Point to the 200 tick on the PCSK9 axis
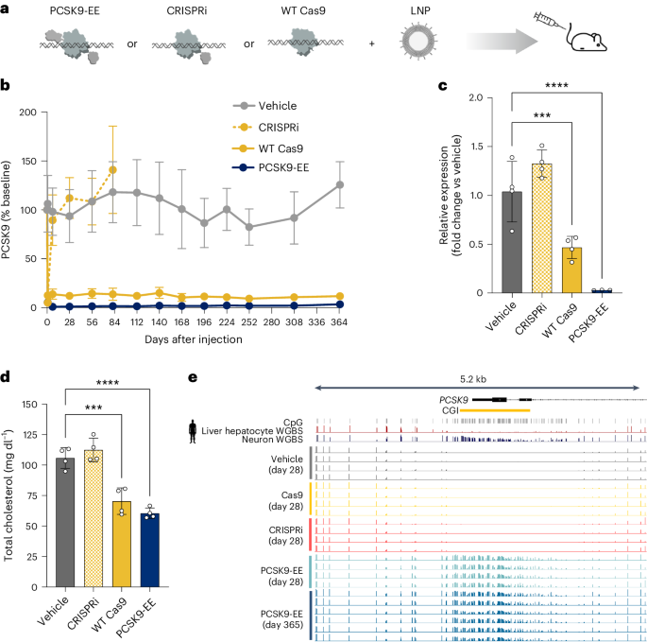(33, 113)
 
